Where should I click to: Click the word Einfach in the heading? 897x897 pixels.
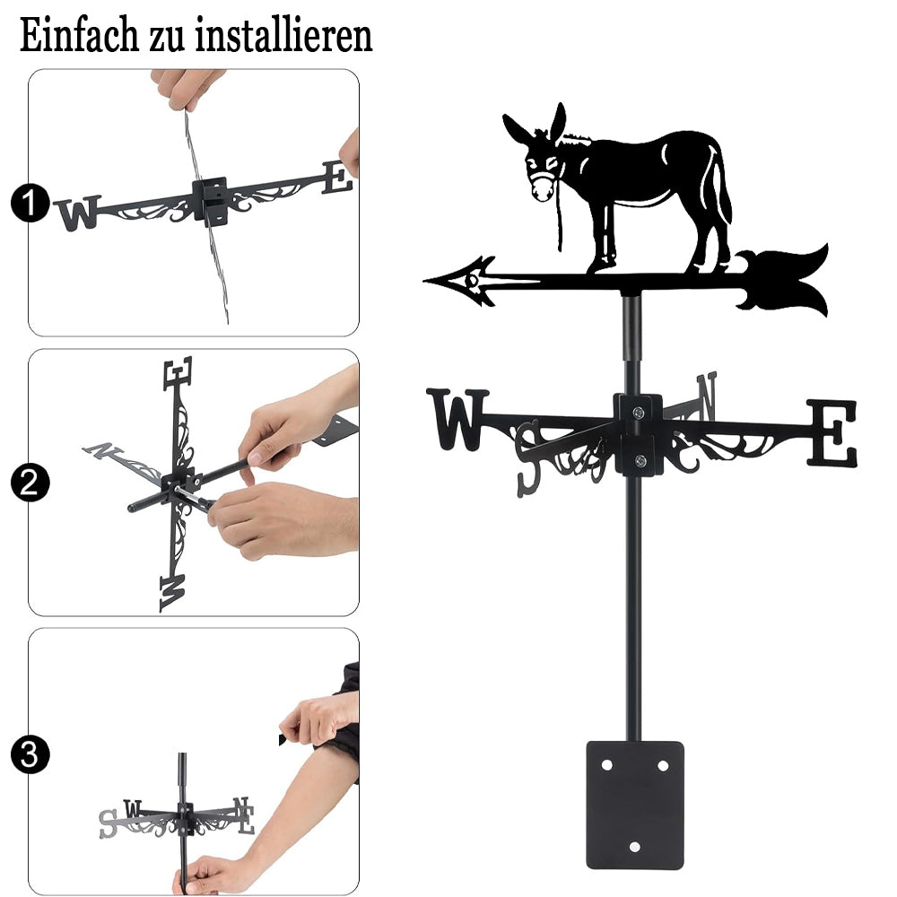coord(80,35)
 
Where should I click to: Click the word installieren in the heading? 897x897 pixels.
coord(284,35)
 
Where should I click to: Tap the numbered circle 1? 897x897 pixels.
coord(30,203)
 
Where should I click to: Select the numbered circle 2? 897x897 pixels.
coord(30,483)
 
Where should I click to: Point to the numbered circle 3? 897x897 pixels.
coord(30,754)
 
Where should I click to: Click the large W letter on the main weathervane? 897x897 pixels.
coord(457,419)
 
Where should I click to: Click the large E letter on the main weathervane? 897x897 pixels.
coord(832,432)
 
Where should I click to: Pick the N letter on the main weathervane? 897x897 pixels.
coord(707,395)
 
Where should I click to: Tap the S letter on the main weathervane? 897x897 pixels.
coord(527,458)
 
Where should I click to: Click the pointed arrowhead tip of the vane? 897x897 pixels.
coord(424,280)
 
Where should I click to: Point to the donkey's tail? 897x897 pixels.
coord(722,187)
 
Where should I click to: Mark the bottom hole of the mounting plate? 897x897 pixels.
coord(634,847)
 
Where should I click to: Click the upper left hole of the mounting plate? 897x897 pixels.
coord(606,765)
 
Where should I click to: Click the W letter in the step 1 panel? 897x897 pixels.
coord(78,213)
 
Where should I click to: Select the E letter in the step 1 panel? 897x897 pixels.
coord(337,178)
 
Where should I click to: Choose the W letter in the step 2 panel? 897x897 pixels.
coord(172,594)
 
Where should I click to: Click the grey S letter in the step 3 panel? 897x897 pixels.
coord(108,824)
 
